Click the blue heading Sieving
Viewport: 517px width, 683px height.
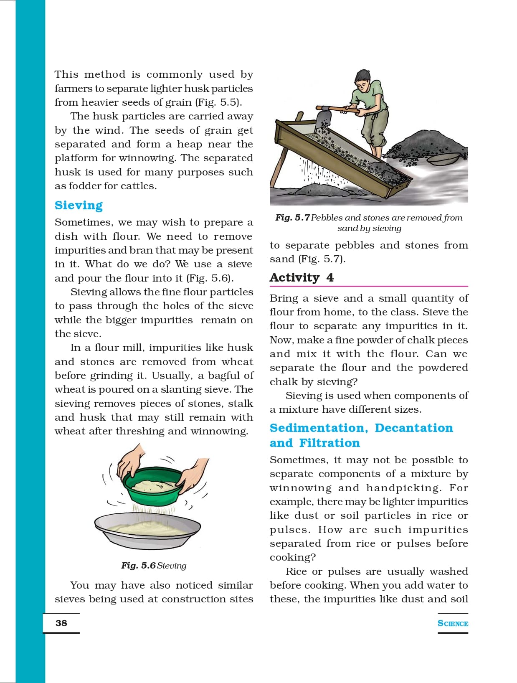79,205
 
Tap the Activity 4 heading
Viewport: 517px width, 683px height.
302,277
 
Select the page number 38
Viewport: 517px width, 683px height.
61,623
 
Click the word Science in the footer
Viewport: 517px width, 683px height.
453,623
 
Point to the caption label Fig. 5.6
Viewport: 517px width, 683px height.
138,566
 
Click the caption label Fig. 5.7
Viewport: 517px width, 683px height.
292,218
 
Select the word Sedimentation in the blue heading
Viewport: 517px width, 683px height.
319,428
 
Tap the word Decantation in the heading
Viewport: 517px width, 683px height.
413,428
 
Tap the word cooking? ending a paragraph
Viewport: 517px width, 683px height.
293,557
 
